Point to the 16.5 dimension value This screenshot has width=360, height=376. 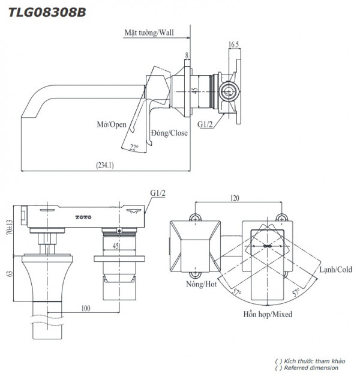(x=235, y=44)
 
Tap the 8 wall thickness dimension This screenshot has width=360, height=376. (x=187, y=56)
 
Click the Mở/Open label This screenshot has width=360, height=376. (x=112, y=124)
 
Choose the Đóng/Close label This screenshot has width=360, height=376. (x=169, y=133)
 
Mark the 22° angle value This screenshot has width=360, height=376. (x=134, y=147)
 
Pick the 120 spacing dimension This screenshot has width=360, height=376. (x=235, y=196)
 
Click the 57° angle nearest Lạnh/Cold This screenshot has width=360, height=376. (x=296, y=293)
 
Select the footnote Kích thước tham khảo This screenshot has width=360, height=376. (x=309, y=360)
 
